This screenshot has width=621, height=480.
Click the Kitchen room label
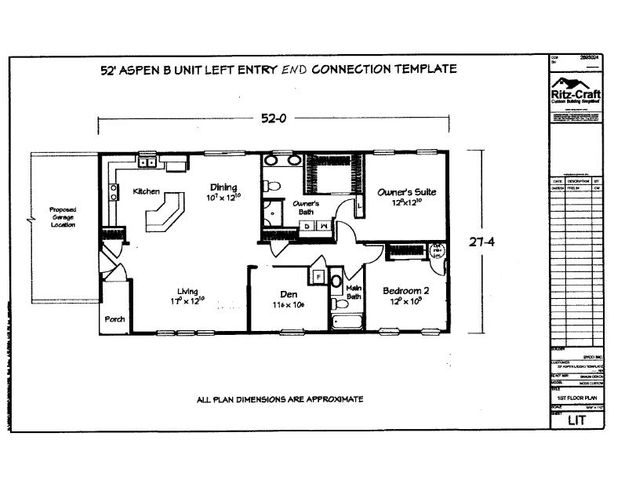[x=146, y=190]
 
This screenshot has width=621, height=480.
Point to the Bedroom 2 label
[x=406, y=291]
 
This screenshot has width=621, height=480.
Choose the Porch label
[x=114, y=320]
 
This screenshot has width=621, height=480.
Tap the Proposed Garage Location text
[x=64, y=218]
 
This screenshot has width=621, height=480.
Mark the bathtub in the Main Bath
[x=349, y=322]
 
